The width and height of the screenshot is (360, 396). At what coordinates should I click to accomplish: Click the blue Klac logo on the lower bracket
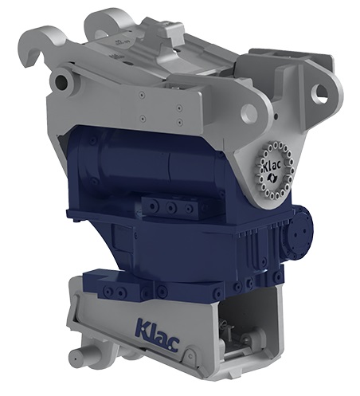click(157, 335)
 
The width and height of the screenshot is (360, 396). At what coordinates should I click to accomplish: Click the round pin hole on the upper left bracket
click(61, 80)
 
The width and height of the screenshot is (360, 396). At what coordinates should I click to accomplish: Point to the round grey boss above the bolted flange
click(249, 112)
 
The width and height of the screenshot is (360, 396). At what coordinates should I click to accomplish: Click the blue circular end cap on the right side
click(300, 233)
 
